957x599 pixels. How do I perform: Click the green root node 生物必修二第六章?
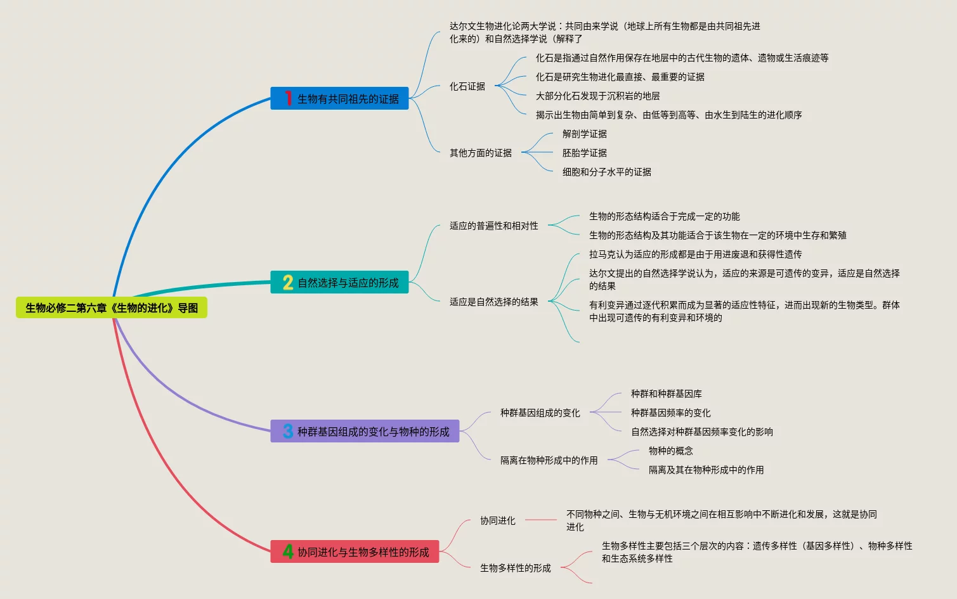pos(112,308)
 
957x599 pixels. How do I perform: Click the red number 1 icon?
pos(288,98)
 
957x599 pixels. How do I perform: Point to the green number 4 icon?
pos(288,551)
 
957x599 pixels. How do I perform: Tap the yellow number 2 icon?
pos(288,283)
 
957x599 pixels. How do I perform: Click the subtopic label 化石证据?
pos(467,86)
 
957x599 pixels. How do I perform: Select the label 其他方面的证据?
pos(481,153)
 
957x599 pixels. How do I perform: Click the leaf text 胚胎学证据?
pos(585,153)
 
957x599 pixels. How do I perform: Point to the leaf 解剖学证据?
pos(585,134)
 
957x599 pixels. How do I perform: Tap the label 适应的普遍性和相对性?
pos(494,226)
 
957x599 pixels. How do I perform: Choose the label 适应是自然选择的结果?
pos(494,302)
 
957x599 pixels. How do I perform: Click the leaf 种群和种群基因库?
pos(667,394)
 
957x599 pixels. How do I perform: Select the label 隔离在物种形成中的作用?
pos(549,460)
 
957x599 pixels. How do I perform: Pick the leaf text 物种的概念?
pos(671,451)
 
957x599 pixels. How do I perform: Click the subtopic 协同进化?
pos(498,520)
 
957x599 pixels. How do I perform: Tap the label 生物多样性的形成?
pos(516,568)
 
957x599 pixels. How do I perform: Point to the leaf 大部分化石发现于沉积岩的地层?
pos(598,96)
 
